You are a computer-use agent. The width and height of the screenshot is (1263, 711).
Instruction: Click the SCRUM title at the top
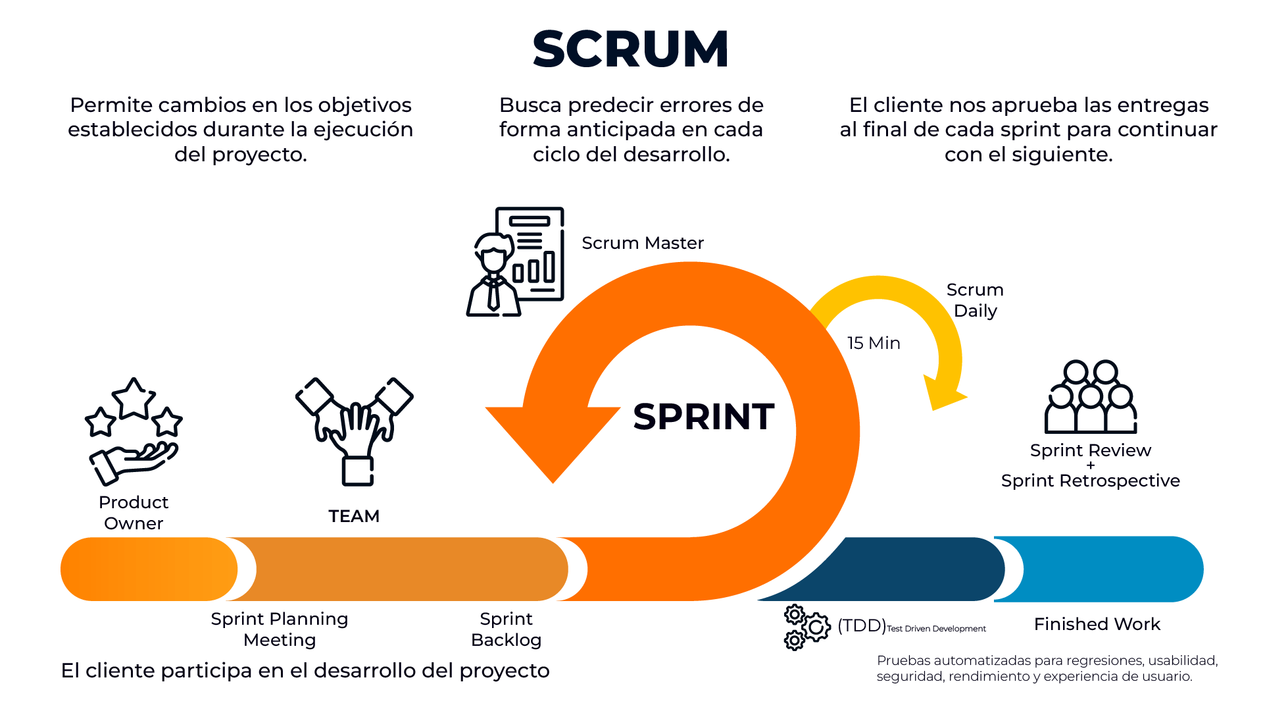coord(631,49)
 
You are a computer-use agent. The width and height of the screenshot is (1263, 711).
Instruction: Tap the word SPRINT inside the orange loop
coord(703,417)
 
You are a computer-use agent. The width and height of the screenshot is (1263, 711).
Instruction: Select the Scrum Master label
coord(643,243)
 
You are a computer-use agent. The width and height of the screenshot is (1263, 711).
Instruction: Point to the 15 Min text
coord(874,343)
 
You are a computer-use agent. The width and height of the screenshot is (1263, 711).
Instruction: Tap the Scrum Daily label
coord(975,300)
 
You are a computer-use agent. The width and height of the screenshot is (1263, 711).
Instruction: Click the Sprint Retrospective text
coord(1090,481)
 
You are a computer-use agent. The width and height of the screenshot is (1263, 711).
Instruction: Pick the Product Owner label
coord(134,512)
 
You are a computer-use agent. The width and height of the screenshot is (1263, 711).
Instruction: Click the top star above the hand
coord(134,398)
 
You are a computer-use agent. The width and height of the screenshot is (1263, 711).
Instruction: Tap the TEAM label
coord(354,516)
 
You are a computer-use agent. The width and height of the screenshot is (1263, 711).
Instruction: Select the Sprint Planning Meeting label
coord(280,629)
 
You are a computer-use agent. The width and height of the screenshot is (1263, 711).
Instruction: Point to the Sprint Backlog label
coord(506,629)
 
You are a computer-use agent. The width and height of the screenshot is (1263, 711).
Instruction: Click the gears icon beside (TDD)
coord(806,627)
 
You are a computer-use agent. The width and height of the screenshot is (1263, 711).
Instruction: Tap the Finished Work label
coord(1097,624)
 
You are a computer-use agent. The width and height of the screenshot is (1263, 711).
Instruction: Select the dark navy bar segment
coord(914,569)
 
